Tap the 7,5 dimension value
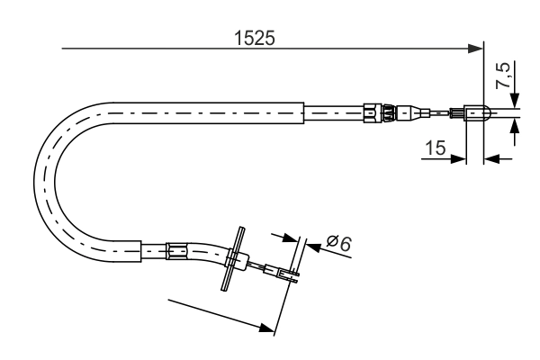coord(506,76)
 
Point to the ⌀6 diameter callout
coord(338,242)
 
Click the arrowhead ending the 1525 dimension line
coord(477,49)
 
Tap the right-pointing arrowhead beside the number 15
coord(460,159)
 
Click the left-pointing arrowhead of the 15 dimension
coord(490,159)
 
